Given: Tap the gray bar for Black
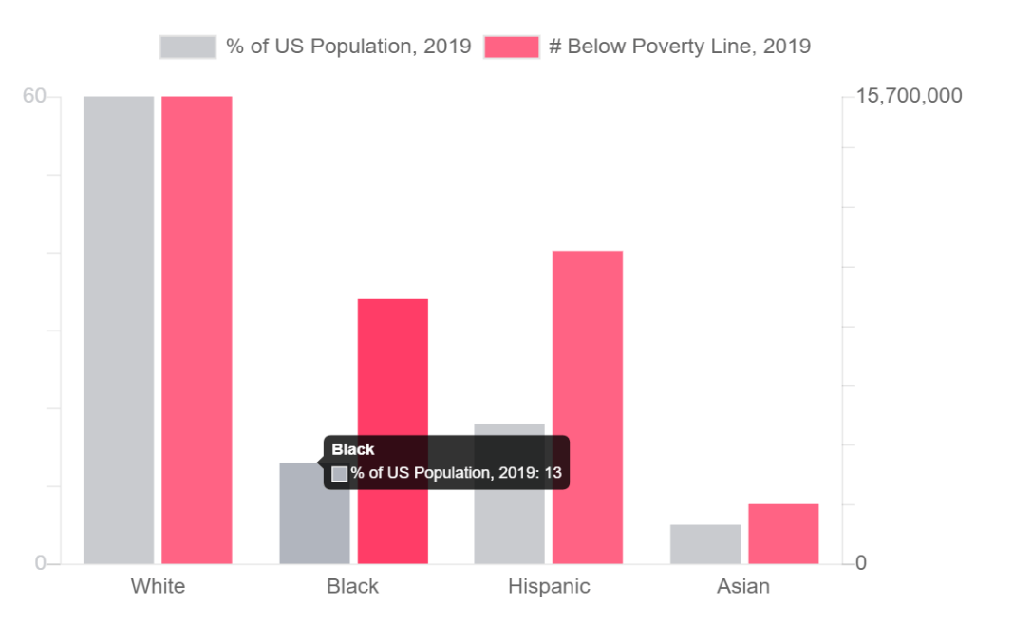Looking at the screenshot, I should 302,522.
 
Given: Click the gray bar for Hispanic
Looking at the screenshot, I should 510,494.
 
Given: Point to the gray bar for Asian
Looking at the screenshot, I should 705,544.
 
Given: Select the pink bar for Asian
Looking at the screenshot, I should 783,534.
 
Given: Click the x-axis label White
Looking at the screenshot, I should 158,586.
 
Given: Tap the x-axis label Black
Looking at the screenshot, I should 352,586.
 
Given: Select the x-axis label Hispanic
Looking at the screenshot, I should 549,586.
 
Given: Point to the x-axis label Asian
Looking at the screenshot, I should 743,586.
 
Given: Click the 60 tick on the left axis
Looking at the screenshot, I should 35,96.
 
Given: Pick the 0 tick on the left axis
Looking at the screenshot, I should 41,563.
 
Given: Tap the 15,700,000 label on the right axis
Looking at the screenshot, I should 909,96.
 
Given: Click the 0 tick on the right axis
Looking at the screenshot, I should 861,563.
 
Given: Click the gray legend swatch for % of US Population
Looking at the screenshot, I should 188,47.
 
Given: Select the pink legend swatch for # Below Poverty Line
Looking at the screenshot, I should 512,47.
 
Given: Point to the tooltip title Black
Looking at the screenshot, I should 353,449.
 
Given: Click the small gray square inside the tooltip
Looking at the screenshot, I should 340,473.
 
